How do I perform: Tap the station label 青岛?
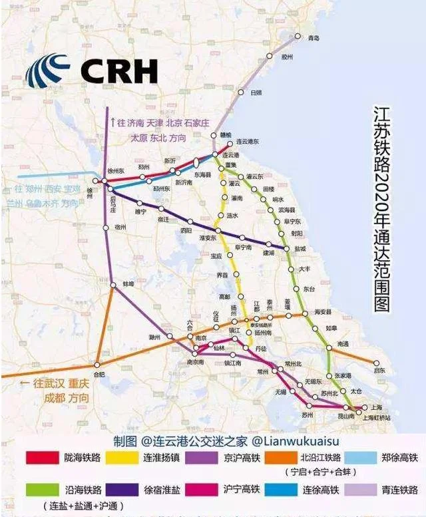(314, 38)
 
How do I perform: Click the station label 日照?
(256, 92)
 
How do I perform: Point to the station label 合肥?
(99, 374)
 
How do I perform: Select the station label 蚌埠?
(128, 282)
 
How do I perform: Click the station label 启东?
(379, 370)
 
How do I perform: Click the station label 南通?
(343, 343)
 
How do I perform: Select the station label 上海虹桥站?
(375, 417)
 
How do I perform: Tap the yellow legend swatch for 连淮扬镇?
(122, 458)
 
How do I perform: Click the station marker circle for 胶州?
(270, 57)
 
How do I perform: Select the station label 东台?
(310, 289)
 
